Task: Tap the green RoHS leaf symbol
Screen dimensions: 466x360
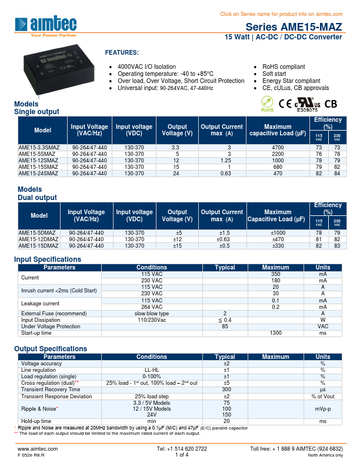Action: pyautogui.click(x=267, y=104)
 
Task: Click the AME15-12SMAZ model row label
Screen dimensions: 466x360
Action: pyautogui.click(x=38, y=160)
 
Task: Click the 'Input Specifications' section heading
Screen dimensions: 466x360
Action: pyautogui.click(x=48, y=259)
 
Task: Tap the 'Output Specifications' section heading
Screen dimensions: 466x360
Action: pyautogui.click(x=51, y=349)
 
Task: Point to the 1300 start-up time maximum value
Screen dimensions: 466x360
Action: pyautogui.click(x=275, y=333)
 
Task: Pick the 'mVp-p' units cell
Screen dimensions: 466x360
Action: pyautogui.click(x=322, y=408)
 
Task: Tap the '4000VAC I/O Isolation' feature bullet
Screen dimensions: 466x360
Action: pyautogui.click(x=146, y=66)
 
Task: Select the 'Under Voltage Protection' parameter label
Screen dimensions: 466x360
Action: pyautogui.click(x=51, y=327)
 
